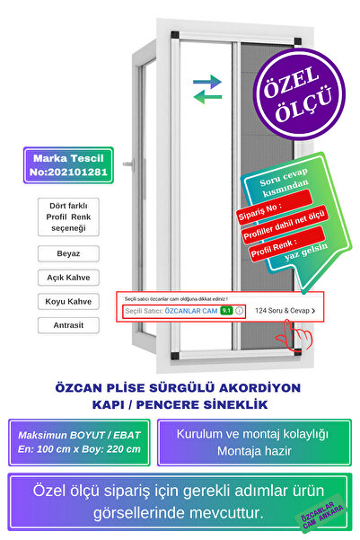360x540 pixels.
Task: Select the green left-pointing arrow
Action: click(208, 96)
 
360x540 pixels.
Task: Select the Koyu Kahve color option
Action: click(68, 301)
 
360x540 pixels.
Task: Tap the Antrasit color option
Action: click(68, 324)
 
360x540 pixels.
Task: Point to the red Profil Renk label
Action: click(273, 246)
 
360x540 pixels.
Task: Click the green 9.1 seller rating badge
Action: click(226, 311)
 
